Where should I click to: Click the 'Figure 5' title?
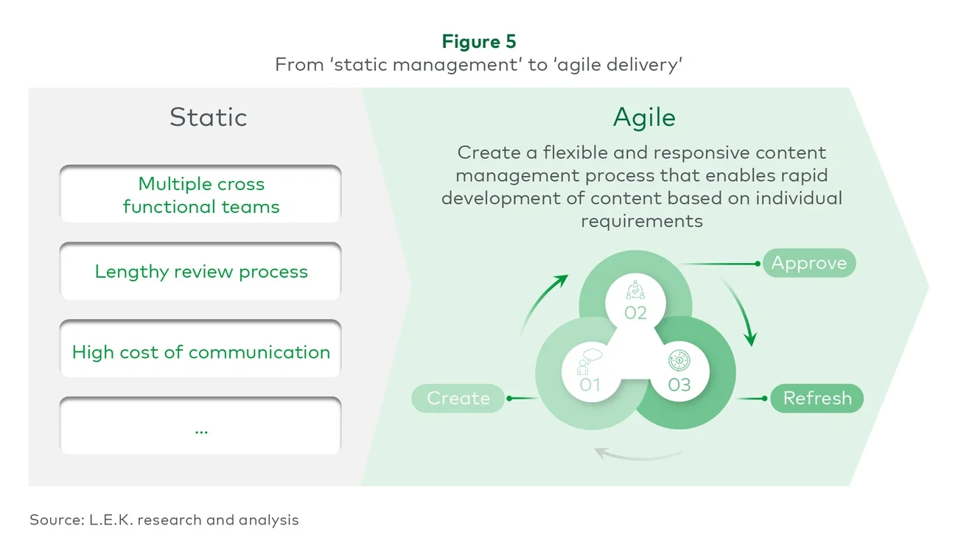pos(479,42)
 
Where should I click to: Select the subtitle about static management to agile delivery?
pos(479,65)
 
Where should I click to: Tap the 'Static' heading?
pos(208,118)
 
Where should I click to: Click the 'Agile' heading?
pos(644,118)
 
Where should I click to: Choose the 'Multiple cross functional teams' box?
pos(200,194)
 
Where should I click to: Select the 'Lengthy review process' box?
pos(200,272)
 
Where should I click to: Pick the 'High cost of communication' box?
pos(200,352)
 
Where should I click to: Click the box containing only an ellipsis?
pos(200,428)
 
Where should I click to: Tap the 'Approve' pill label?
pos(808,264)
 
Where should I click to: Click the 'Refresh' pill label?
pos(817,399)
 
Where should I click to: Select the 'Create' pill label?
pos(458,399)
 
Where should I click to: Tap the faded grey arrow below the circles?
pos(634,453)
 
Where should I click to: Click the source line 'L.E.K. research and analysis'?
pos(164,520)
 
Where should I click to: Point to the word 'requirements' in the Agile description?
pos(641,221)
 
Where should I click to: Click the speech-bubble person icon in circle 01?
pos(590,361)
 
